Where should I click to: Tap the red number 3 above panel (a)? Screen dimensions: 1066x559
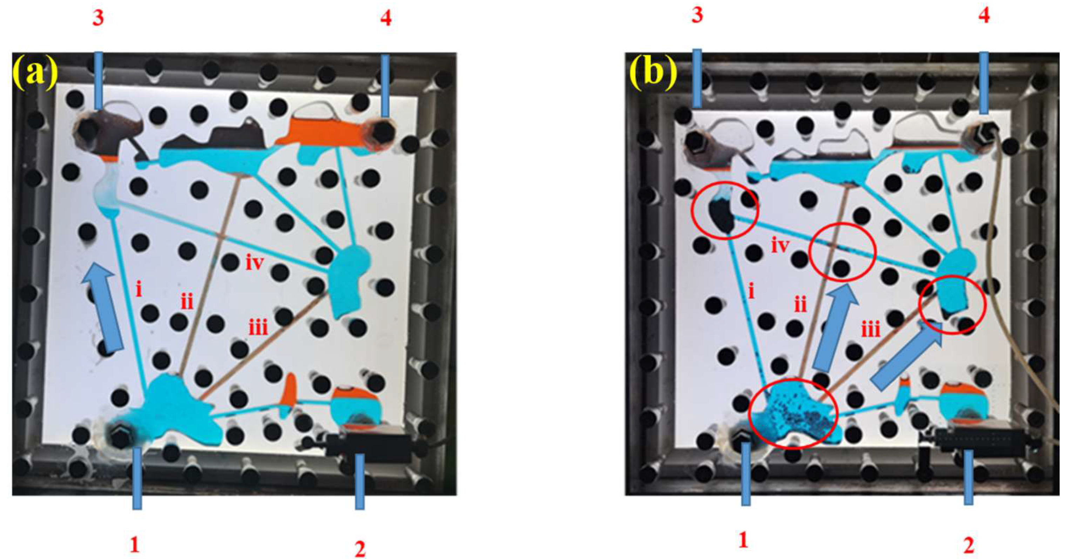(98, 18)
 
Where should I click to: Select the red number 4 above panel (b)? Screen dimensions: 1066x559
(984, 16)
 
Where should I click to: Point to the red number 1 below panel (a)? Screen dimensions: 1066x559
(135, 546)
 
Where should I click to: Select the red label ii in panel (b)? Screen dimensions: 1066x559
(800, 305)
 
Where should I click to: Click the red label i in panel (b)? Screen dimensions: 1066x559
(751, 292)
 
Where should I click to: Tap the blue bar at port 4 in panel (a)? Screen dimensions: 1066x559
(385, 86)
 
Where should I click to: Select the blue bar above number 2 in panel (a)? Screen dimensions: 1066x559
(360, 481)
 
